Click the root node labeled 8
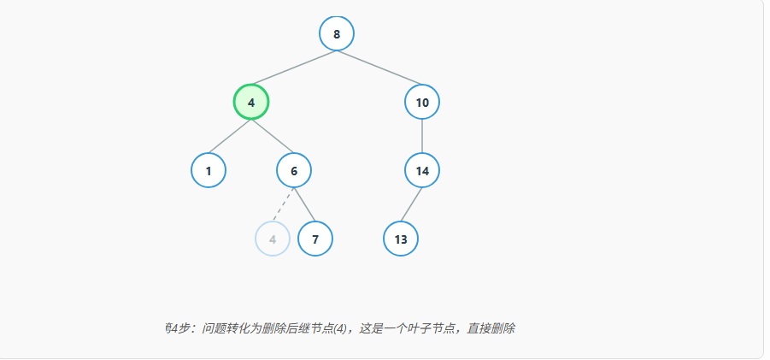(337, 34)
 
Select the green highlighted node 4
(251, 103)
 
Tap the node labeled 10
(422, 103)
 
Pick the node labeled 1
(209, 171)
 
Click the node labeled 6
(294, 171)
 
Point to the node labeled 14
(422, 171)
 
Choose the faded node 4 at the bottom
(273, 239)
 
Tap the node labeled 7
(315, 239)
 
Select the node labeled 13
(401, 239)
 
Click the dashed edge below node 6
(284, 205)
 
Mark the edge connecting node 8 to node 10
(379, 68)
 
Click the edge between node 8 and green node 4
(294, 68)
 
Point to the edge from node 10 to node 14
(422, 137)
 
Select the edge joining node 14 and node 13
(412, 205)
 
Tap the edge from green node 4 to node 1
(230, 137)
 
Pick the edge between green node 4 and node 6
(273, 137)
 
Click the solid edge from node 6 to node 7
(305, 205)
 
